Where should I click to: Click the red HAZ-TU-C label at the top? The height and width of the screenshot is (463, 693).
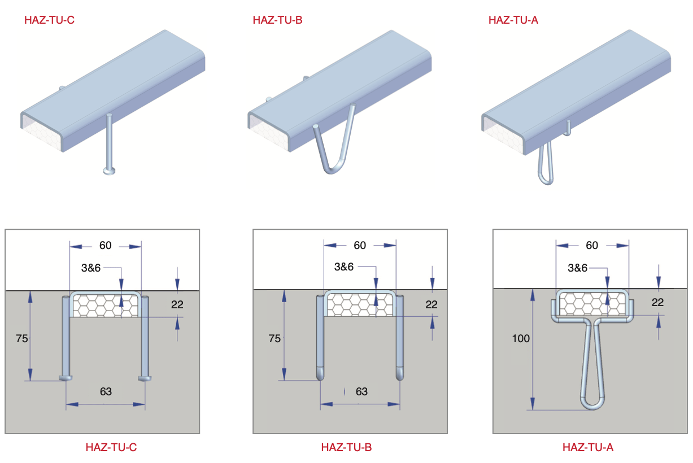coord(49,20)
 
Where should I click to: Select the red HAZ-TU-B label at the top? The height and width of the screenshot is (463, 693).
coord(278,20)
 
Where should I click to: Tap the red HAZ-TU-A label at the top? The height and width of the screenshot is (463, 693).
coord(513,20)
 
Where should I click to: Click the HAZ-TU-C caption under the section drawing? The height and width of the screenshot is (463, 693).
coord(111,448)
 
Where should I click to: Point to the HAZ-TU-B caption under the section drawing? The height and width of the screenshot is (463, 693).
coord(346,448)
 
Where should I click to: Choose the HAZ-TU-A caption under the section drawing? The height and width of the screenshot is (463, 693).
coord(587,448)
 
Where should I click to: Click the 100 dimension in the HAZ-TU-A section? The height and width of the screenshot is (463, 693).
coord(521,339)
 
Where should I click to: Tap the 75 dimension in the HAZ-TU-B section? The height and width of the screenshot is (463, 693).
coord(274,339)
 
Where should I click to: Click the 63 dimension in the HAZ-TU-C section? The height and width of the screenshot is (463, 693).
coord(106,391)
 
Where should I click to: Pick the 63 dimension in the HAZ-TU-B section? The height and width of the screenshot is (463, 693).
coord(361,391)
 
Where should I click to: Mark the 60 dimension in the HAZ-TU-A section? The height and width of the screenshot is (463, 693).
coord(592,246)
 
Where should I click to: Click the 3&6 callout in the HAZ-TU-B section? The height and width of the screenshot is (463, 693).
coord(344,267)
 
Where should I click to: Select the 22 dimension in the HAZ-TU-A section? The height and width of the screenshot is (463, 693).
coord(657,303)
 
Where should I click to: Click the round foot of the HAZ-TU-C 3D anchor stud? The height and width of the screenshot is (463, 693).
coord(109,170)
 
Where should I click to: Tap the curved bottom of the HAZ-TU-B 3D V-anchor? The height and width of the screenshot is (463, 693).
coord(333,168)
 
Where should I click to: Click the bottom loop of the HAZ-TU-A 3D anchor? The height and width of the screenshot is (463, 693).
coord(546,180)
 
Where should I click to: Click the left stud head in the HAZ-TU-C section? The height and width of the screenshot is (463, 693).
coord(66,377)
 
